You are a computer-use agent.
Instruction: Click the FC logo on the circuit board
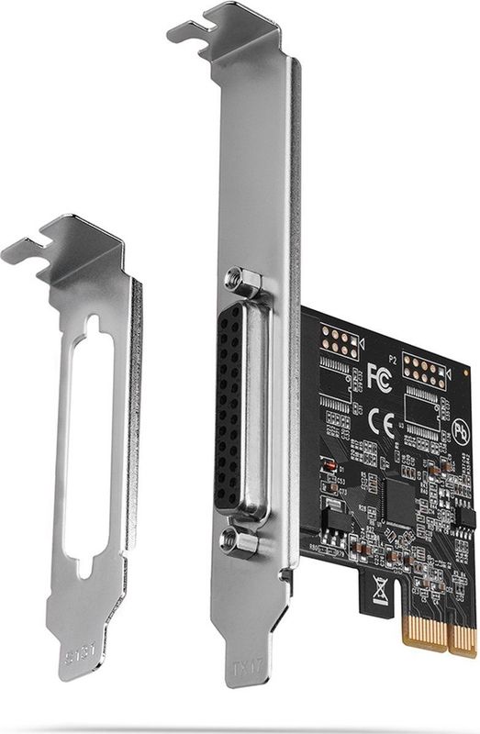(x=379, y=377)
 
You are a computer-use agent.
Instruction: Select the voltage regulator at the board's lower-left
(x=336, y=517)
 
